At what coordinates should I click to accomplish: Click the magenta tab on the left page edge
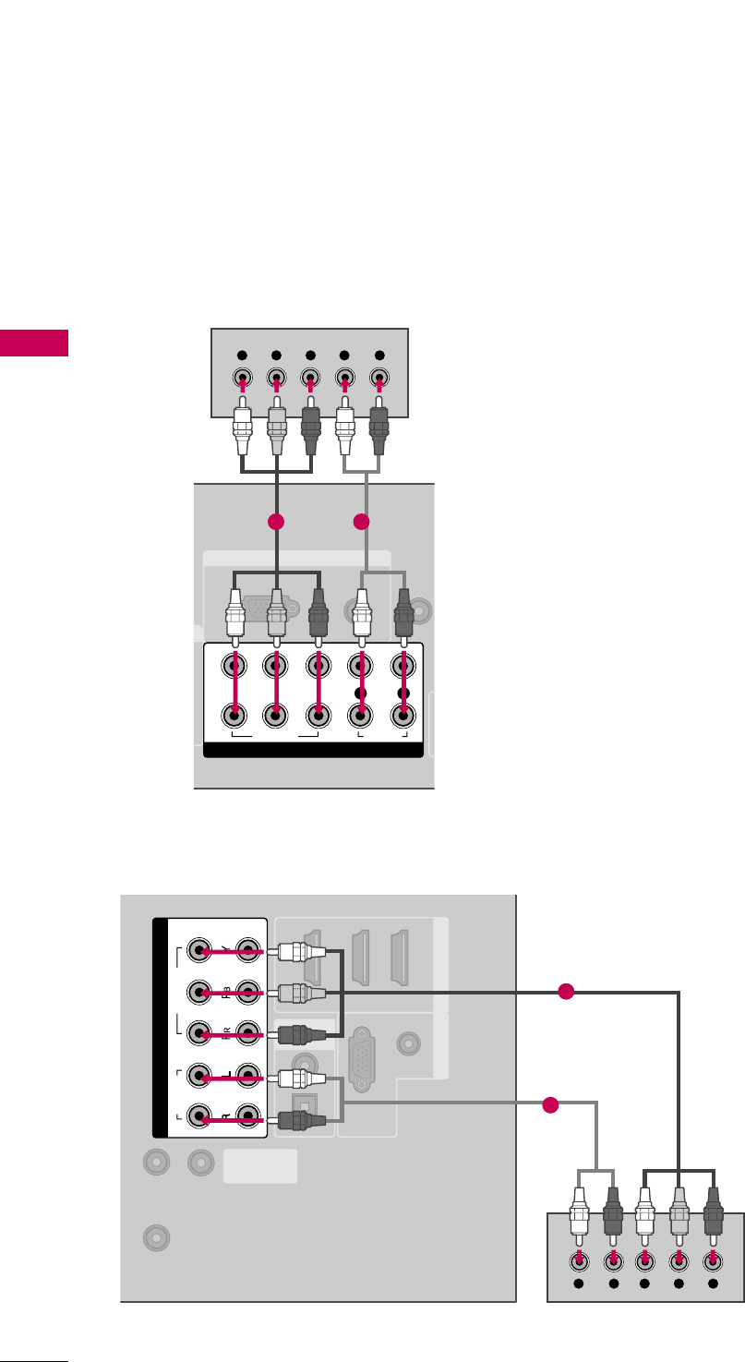point(34,342)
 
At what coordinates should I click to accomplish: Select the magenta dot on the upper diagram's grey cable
point(362,522)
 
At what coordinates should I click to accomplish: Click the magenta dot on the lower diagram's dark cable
point(567,992)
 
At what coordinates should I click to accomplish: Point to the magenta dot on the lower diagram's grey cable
point(551,1104)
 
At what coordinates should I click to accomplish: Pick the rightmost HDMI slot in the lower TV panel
point(402,957)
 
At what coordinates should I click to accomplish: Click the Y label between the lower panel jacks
point(222,949)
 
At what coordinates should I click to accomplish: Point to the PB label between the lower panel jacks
point(222,993)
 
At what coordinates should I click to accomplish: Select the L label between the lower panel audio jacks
point(222,1076)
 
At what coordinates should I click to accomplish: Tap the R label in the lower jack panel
point(222,1118)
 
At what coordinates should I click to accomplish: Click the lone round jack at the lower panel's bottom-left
point(157,1237)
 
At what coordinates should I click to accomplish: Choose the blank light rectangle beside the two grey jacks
point(260,1166)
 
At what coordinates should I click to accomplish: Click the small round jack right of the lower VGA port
point(407,1043)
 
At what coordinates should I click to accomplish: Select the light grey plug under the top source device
point(276,431)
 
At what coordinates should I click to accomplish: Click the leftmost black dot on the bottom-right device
point(579,1284)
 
